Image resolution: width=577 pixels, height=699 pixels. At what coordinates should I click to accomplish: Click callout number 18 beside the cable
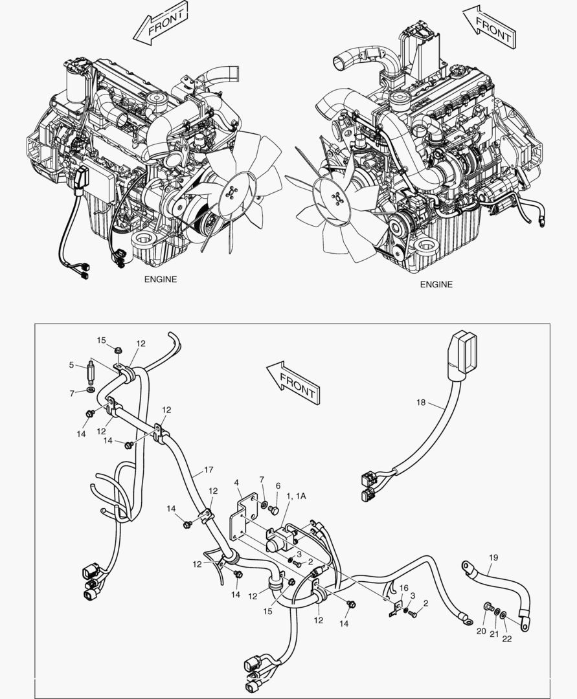(x=422, y=403)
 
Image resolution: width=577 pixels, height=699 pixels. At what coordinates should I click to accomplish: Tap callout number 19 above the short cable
(x=493, y=557)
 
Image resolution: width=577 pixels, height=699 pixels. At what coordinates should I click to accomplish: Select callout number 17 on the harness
(x=208, y=469)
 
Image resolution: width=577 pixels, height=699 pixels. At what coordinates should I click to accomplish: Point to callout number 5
(x=72, y=365)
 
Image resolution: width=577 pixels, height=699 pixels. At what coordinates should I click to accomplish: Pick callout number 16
(x=403, y=588)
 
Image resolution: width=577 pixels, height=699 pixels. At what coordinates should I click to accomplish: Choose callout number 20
(x=481, y=630)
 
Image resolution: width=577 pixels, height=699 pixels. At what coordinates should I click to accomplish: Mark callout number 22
(x=507, y=639)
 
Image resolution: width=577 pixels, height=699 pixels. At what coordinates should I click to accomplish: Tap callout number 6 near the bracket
(x=278, y=485)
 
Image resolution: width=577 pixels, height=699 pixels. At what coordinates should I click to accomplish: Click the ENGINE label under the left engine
(x=160, y=280)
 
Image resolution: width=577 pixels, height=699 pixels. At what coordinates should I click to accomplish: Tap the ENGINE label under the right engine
(x=436, y=284)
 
